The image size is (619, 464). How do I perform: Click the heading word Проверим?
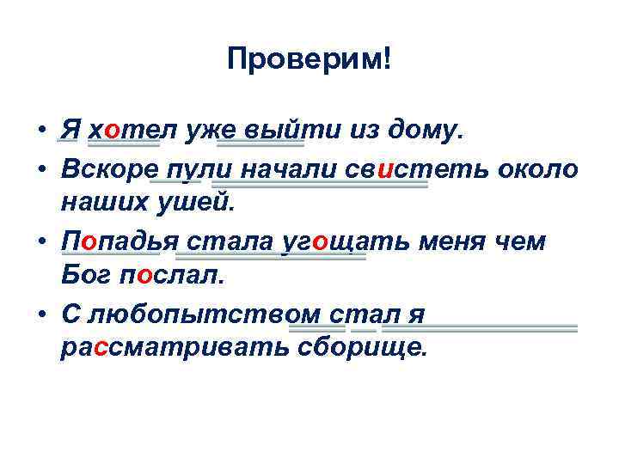pos(309,59)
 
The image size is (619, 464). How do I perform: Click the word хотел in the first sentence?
pos(124,130)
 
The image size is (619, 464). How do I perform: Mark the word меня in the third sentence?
pos(456,244)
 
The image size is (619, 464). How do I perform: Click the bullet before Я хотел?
pos(40,131)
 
